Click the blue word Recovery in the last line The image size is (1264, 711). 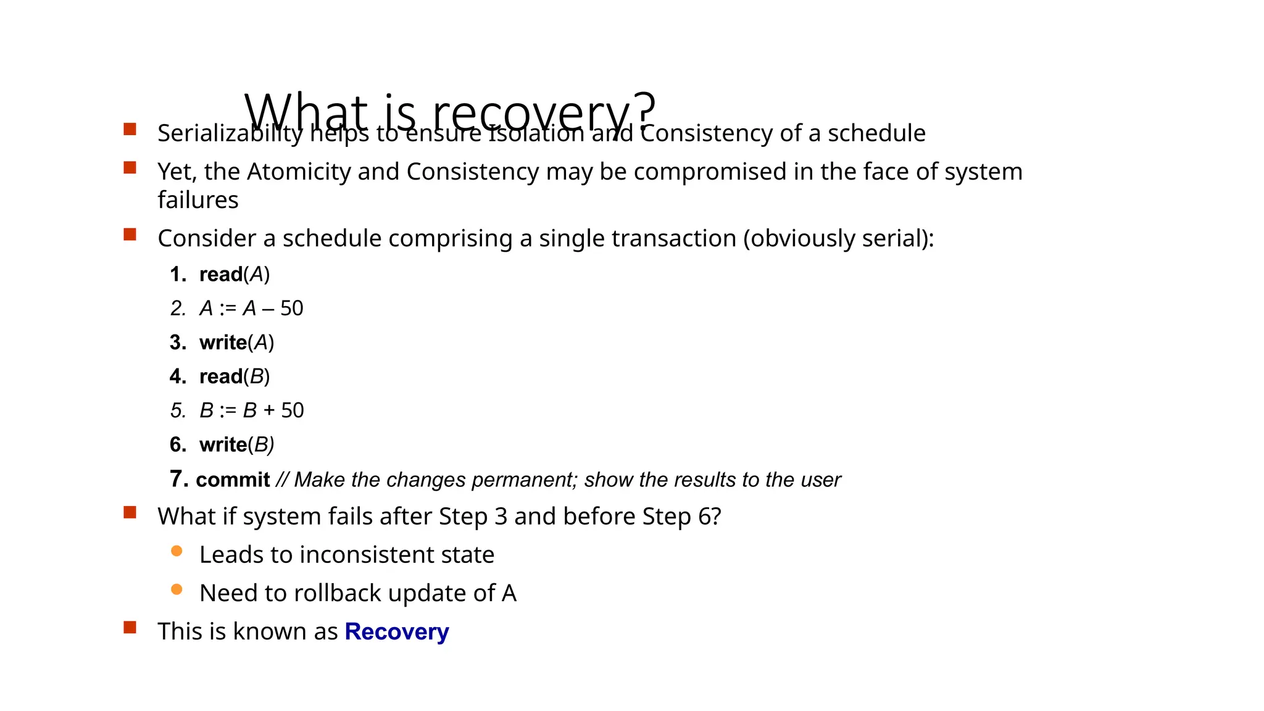coord(396,631)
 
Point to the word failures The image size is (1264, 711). coord(197,200)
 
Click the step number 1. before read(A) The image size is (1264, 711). coord(178,275)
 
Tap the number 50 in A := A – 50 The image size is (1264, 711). coord(291,308)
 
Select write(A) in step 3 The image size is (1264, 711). coord(236,343)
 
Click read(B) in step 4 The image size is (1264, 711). coord(235,376)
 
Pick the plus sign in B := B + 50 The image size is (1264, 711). coord(269,410)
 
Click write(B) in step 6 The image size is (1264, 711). coord(236,444)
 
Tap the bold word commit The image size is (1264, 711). coord(233,480)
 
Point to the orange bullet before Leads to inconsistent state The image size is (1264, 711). coord(177,551)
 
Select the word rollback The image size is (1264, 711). coord(338,593)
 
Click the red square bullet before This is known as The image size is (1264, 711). coord(130,628)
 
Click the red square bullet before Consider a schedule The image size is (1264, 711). coord(130,235)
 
